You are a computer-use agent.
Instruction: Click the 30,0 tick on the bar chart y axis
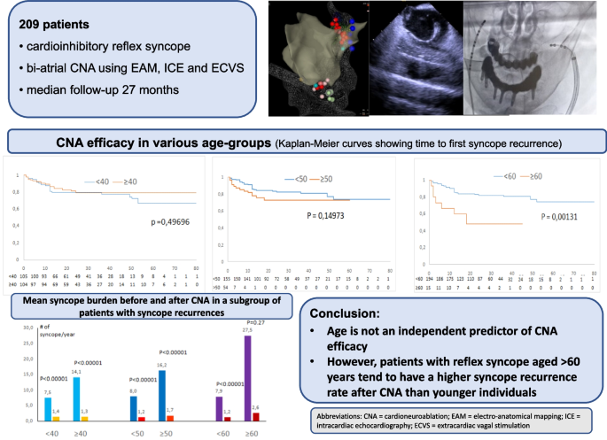29,328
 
